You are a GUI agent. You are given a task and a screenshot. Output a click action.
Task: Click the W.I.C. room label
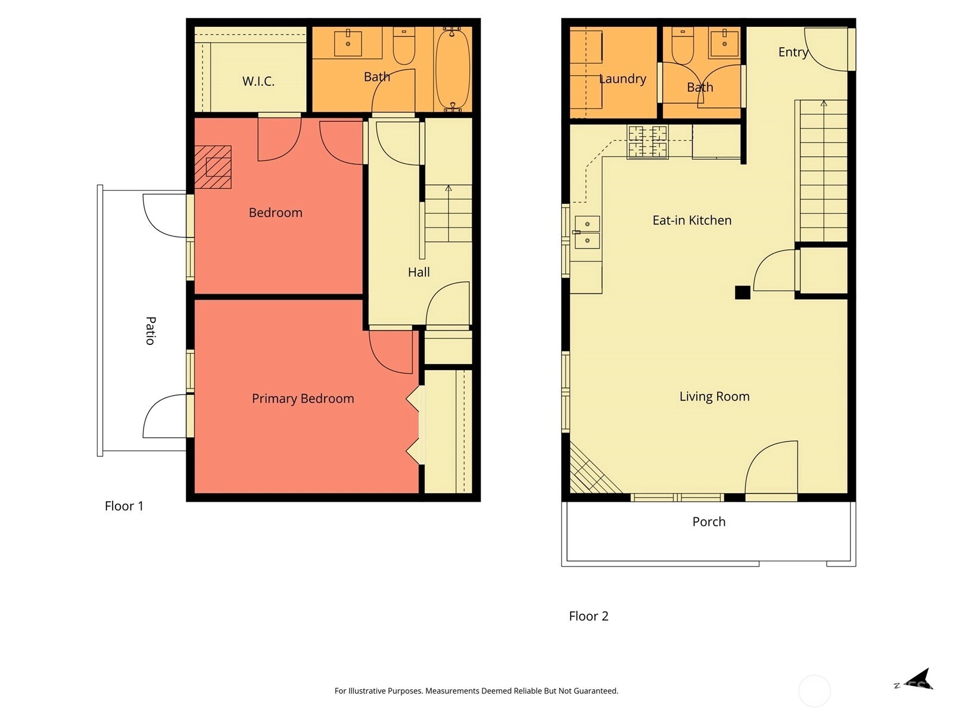pyautogui.click(x=259, y=81)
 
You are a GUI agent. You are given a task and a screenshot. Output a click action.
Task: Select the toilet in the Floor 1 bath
pyautogui.click(x=404, y=46)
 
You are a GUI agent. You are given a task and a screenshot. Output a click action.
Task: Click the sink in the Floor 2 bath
pyautogui.click(x=724, y=43)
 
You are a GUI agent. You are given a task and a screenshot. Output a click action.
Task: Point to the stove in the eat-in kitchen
pyautogui.click(x=647, y=142)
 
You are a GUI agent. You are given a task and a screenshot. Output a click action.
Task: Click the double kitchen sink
pyautogui.click(x=587, y=232)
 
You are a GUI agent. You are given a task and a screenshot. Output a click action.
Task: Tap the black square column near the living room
pyautogui.click(x=742, y=292)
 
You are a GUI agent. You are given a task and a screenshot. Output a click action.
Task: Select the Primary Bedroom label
pyautogui.click(x=303, y=399)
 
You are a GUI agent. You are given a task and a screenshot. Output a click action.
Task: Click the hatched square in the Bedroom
pyautogui.click(x=213, y=167)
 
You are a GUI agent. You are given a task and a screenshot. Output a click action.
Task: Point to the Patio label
pyautogui.click(x=150, y=330)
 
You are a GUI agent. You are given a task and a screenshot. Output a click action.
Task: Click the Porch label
pyautogui.click(x=709, y=521)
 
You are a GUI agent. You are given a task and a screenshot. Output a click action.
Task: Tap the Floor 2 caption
pyautogui.click(x=588, y=615)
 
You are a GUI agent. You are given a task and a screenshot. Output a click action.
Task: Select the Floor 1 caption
pyautogui.click(x=124, y=506)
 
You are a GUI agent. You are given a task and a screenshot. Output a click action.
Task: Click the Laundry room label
pyautogui.click(x=622, y=79)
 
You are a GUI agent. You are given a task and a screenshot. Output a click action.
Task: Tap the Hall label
pyautogui.click(x=419, y=272)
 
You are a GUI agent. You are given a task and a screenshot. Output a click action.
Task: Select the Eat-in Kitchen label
pyautogui.click(x=692, y=220)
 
